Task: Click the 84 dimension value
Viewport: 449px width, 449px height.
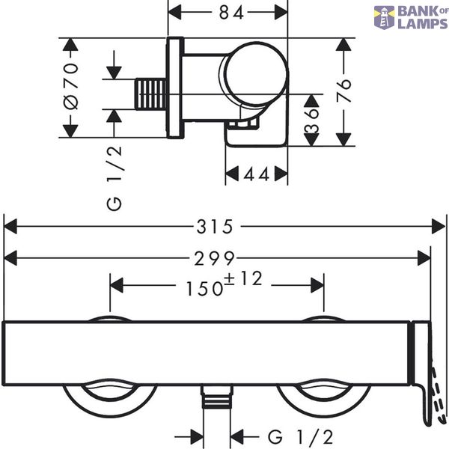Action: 231,13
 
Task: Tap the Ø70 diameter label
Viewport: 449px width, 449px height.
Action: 71,86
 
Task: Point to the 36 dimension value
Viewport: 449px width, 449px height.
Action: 311,120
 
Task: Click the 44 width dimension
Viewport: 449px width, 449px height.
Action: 256,174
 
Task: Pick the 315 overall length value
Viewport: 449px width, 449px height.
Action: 215,227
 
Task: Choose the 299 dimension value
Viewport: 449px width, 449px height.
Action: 215,258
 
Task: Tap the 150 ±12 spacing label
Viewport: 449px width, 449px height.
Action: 224,284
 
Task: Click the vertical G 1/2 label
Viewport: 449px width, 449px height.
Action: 114,179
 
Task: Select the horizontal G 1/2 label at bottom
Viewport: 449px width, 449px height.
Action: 300,437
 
